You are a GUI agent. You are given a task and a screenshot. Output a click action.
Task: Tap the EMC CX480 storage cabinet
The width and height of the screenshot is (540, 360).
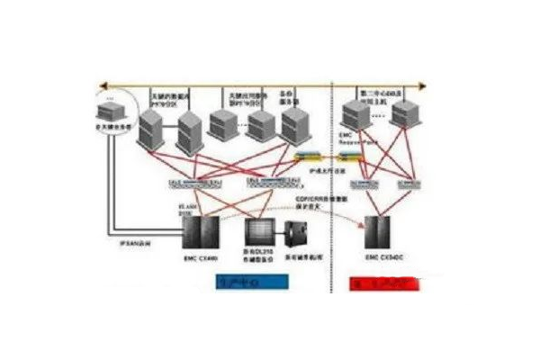pos(196,232)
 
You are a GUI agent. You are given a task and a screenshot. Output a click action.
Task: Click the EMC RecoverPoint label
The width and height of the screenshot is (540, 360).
pos(357,139)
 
